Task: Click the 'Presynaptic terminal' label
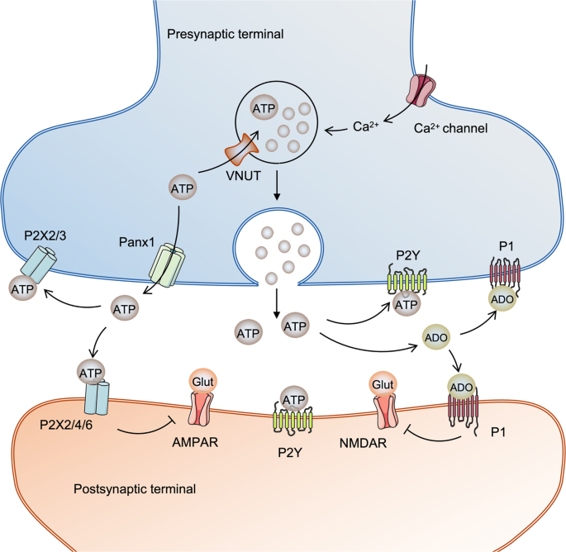click(x=226, y=35)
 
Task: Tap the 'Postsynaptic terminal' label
click(x=141, y=488)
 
